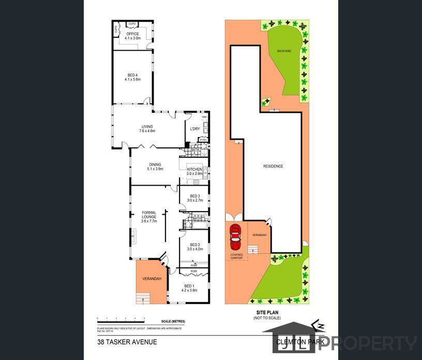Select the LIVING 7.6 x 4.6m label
pyautogui.click(x=147, y=129)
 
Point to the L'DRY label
pyautogui.click(x=195, y=129)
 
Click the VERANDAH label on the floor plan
pyautogui.click(x=152, y=279)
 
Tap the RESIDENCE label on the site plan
pyautogui.click(x=273, y=166)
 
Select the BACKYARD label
pyautogui.click(x=284, y=51)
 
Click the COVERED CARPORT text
pyautogui.click(x=236, y=256)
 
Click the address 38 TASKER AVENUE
pyautogui.click(x=127, y=342)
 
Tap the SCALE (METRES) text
pyautogui.click(x=173, y=322)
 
